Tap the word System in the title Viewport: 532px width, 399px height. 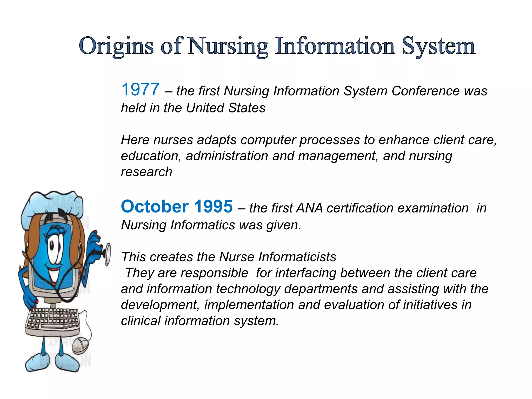[x=439, y=46]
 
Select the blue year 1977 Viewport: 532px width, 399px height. [x=140, y=90]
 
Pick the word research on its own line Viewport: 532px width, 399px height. [x=147, y=172]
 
